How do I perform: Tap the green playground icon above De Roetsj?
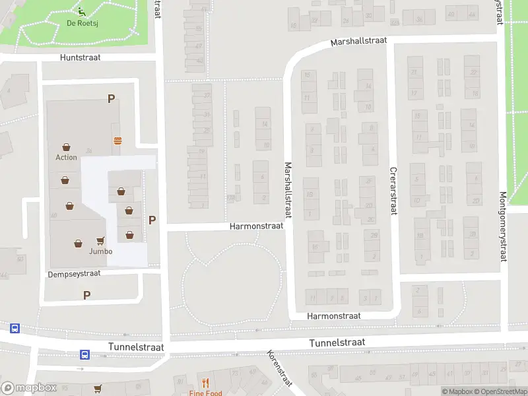click(81, 11)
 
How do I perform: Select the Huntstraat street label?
click(80, 57)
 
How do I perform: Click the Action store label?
click(66, 157)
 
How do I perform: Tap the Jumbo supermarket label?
click(100, 251)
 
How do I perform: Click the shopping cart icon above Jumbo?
click(101, 241)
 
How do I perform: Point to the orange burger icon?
click(117, 140)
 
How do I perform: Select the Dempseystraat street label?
click(74, 273)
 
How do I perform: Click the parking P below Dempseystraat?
click(86, 295)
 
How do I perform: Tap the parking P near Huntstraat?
click(112, 99)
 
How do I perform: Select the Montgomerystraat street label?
click(503, 226)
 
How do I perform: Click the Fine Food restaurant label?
click(205, 393)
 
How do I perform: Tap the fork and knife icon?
click(205, 381)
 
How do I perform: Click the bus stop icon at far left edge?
click(14, 328)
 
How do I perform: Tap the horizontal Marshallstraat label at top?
click(359, 41)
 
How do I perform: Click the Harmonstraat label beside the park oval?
click(256, 226)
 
